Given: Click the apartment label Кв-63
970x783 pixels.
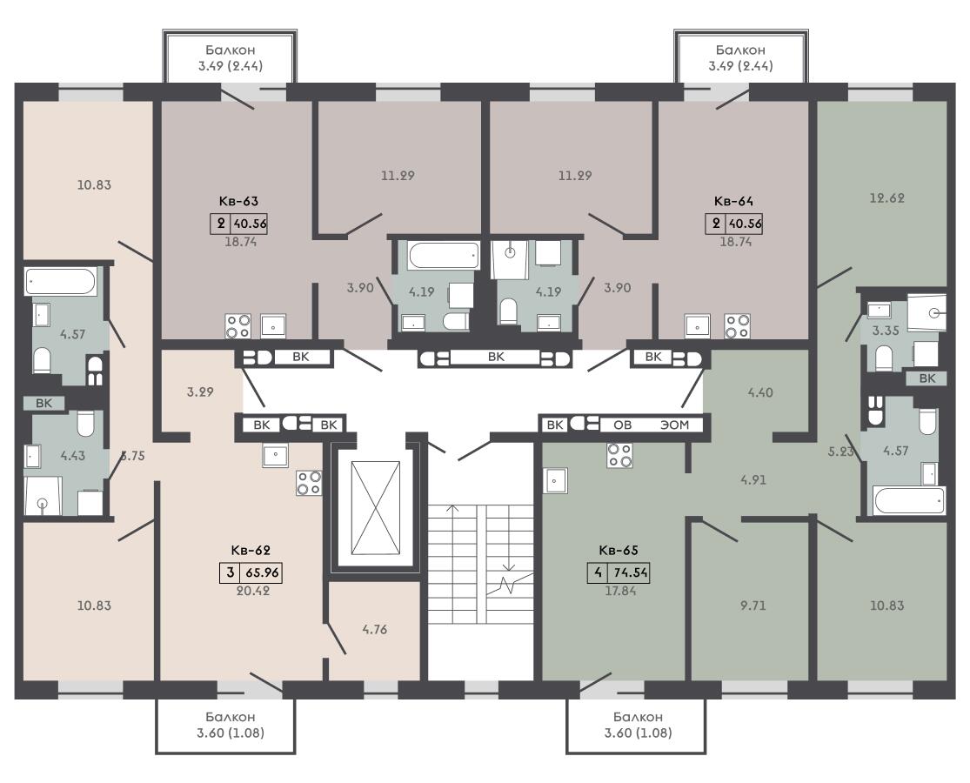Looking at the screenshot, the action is click(238, 201).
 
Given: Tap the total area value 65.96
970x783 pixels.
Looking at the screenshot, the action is click(263, 572).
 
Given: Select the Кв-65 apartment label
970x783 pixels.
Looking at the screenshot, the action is click(618, 551).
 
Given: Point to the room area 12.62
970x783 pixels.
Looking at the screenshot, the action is click(886, 197).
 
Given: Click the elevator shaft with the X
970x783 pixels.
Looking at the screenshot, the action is click(375, 509).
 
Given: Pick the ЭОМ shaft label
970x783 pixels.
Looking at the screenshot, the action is click(674, 425).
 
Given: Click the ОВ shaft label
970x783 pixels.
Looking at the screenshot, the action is click(622, 425).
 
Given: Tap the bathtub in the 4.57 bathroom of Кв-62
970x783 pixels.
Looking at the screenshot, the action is click(61, 281).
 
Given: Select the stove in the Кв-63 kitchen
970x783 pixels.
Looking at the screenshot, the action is click(237, 326).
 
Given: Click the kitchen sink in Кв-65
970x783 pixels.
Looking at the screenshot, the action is click(556, 480).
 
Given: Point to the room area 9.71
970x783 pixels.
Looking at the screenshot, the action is click(753, 606).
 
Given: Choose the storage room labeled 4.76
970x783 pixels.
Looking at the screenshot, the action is click(374, 630).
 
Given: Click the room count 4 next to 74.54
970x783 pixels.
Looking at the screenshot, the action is click(597, 572).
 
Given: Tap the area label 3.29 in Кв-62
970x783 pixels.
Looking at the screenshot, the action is click(200, 391).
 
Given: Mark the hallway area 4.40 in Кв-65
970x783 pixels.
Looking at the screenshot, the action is click(759, 392).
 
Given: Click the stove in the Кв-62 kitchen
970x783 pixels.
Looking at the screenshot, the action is click(309, 483).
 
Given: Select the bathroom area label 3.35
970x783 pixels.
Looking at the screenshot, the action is click(886, 331).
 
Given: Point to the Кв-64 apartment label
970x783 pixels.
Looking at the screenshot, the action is click(733, 201).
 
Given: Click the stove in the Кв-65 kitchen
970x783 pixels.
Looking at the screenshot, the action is click(620, 455).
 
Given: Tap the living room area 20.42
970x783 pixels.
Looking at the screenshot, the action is click(253, 591).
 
